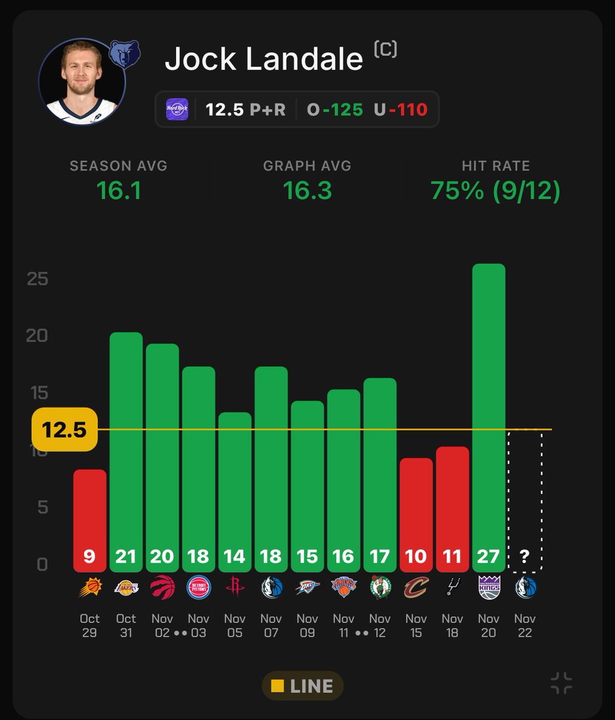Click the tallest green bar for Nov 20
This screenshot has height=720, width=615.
[488, 414]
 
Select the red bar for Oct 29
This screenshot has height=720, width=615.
[89, 519]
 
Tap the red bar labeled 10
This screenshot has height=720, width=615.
[416, 513]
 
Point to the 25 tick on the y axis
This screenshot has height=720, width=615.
[37, 279]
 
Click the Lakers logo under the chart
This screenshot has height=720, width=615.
[126, 587]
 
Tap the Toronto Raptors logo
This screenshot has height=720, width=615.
[162, 587]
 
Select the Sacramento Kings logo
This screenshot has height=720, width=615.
[488, 587]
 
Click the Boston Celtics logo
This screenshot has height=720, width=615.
[380, 587]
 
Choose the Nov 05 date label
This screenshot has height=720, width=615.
[235, 625]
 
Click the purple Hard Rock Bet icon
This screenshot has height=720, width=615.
[177, 110]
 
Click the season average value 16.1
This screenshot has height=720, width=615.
[118, 191]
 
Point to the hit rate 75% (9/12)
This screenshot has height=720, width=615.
[495, 191]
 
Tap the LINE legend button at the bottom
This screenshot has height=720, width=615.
[302, 686]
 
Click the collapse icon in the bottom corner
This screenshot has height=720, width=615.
[561, 683]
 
